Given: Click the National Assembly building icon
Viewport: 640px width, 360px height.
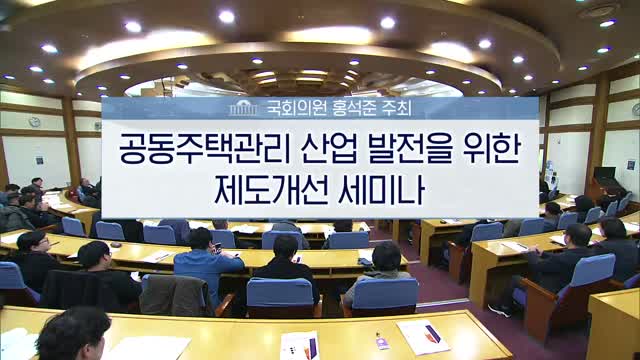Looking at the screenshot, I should [243, 106].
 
